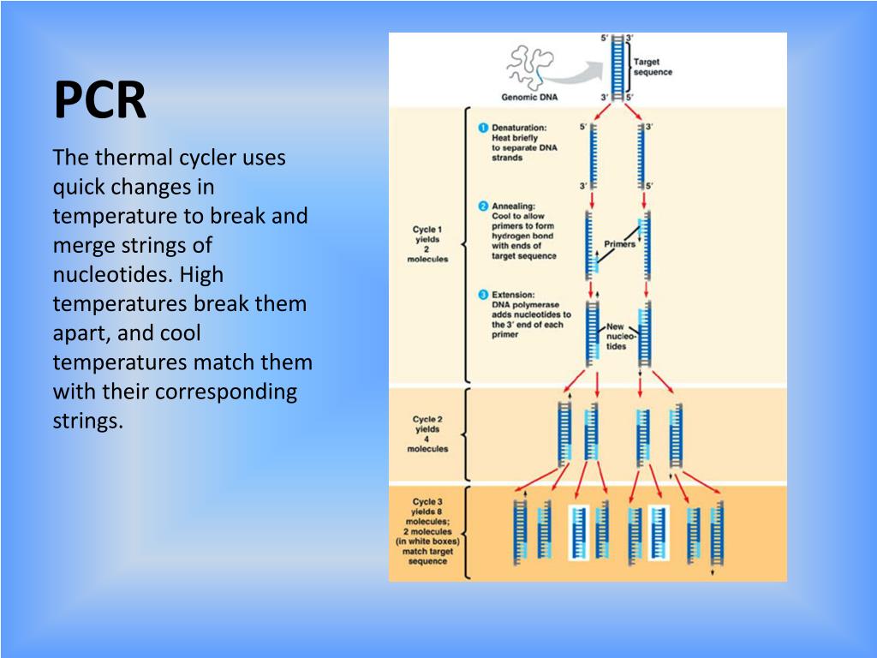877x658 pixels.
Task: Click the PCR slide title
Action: coord(100,101)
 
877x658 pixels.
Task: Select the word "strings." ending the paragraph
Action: coord(88,421)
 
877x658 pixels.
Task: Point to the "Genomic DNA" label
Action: coord(528,97)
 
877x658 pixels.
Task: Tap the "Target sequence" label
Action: coord(653,67)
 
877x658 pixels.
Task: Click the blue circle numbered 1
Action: coord(483,129)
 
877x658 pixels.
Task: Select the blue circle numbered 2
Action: coord(483,206)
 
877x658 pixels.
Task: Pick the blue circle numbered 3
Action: coord(483,295)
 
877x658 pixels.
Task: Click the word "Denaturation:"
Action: coord(519,129)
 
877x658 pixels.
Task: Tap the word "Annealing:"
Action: coord(514,206)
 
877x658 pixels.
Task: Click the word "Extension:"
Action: coord(514,295)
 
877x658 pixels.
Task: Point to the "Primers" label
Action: coord(620,244)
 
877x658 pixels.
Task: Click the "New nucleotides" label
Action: coord(617,336)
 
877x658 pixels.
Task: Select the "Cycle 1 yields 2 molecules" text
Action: coord(427,244)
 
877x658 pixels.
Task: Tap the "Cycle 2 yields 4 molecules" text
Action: coord(427,434)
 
